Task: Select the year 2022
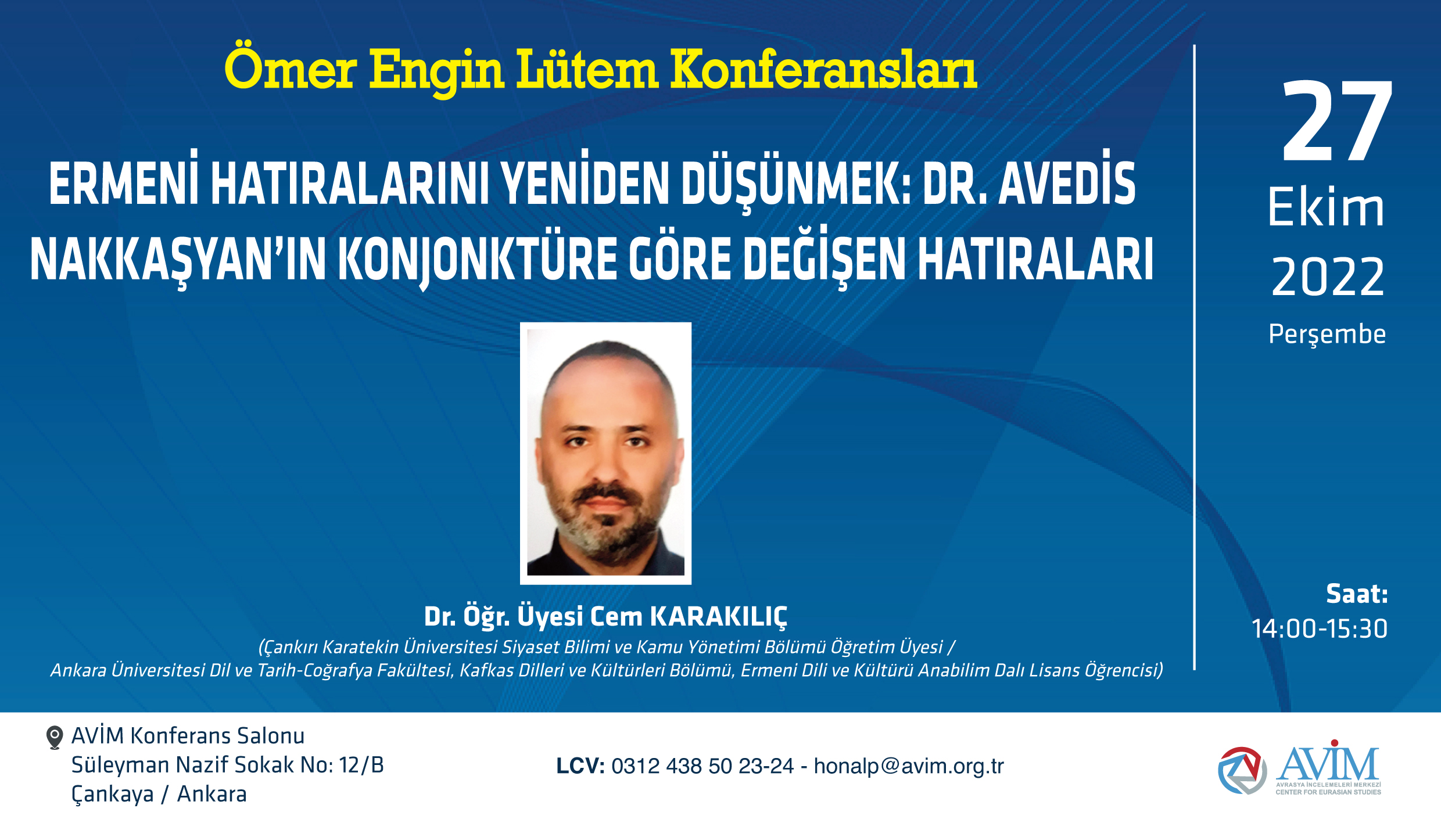1328,277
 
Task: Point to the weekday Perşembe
1327,335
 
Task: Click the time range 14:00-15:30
1320,628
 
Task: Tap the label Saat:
1357,594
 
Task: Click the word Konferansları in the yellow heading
824,70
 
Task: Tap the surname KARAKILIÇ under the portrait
718,617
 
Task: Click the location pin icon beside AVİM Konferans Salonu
54,737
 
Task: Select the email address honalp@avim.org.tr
909,766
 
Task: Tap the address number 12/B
361,765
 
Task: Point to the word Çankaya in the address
113,795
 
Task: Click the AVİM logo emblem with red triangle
1242,770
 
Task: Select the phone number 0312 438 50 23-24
702,766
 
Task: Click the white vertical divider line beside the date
1195,357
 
